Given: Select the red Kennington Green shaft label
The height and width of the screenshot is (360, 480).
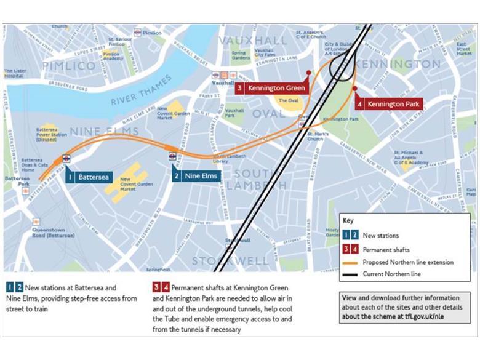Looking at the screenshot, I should [x=271, y=89].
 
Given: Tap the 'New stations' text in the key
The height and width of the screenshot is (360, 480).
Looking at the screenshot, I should [x=380, y=236].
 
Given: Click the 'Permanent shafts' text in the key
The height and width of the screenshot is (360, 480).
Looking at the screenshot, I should [x=386, y=249].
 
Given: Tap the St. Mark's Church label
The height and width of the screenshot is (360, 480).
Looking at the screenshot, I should [x=315, y=136].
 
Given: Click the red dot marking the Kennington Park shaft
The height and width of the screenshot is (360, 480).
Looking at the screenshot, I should [x=355, y=88].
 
